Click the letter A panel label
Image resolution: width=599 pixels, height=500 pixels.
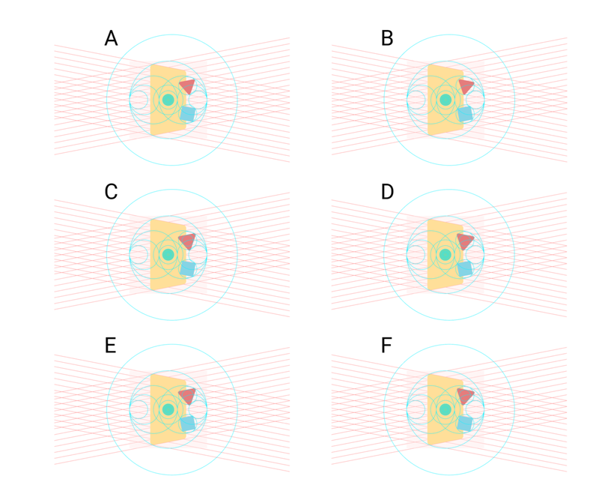click(111, 38)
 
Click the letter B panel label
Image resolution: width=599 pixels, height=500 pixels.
click(387, 38)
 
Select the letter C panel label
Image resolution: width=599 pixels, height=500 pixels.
click(111, 192)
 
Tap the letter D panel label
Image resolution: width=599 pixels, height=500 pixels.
click(387, 192)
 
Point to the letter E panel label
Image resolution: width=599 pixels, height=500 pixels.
click(110, 346)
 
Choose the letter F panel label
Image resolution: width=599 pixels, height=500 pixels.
click(386, 346)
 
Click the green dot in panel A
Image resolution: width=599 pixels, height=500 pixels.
click(168, 100)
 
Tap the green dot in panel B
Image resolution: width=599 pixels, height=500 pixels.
click(445, 100)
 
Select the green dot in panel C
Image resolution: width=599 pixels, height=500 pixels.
click(168, 254)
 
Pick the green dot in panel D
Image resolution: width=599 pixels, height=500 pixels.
click(445, 254)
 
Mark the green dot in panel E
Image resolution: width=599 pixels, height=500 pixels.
click(168, 409)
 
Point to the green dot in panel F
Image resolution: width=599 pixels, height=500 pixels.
click(445, 409)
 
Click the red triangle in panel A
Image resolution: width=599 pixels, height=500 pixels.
click(188, 85)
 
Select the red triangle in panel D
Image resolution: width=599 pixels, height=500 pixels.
click(465, 241)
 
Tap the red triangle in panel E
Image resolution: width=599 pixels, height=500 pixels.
click(188, 396)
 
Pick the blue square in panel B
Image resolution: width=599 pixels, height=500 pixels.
click(465, 114)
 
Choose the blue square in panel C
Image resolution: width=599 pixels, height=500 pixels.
click(188, 268)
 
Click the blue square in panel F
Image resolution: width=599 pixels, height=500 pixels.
click(465, 424)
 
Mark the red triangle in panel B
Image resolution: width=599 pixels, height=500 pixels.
click(466, 85)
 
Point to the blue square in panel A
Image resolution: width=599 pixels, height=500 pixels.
click(188, 114)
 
